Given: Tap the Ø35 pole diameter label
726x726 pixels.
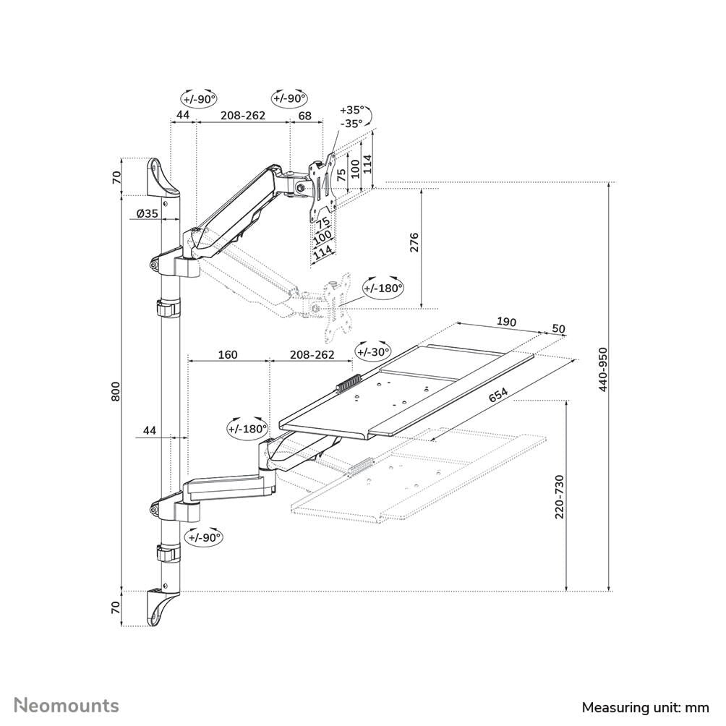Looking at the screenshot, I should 148,213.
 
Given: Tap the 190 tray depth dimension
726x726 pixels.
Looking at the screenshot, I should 505,320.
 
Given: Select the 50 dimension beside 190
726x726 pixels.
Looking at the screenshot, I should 558,328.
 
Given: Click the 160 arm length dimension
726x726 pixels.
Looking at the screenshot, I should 227,355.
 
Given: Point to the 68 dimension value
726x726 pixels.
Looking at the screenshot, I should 304,116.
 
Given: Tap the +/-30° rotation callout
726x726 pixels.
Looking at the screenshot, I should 373,352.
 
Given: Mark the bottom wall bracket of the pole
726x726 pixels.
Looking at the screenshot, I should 161,606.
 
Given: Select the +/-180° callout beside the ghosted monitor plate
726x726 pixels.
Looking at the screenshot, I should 383,288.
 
